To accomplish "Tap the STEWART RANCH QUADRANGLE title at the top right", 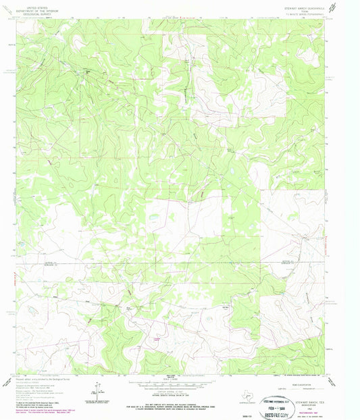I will tap(299, 3).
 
